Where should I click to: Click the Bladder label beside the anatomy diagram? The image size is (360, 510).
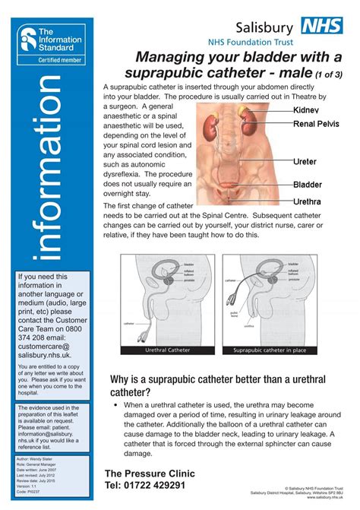(308, 185)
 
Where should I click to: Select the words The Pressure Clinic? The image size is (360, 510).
(150, 473)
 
